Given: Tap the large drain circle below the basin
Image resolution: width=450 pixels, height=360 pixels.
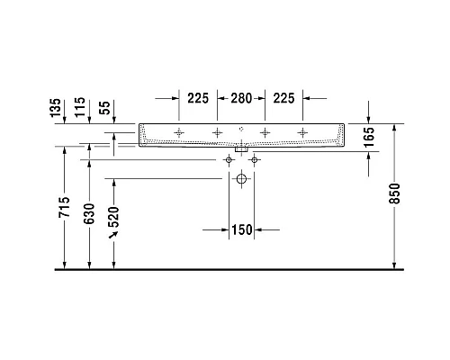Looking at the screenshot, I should [241, 179].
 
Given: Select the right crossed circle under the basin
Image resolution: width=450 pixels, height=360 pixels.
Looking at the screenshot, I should [254, 160].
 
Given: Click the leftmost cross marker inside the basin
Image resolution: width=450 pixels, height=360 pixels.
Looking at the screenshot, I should [179, 133].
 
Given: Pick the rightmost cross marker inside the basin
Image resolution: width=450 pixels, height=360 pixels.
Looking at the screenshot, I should [302, 133].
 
